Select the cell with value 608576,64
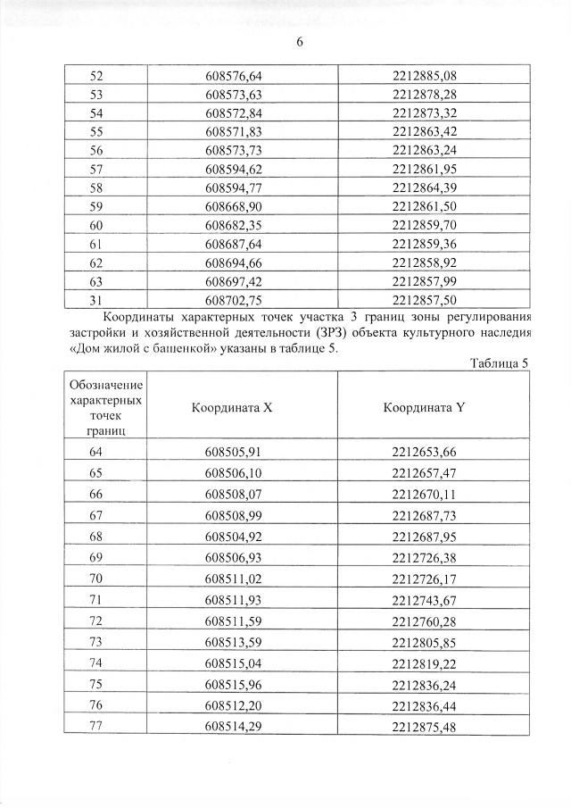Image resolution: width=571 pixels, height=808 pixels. tap(233, 75)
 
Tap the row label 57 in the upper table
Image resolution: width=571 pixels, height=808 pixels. tap(97, 169)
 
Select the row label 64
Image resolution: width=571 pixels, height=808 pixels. tap(96, 453)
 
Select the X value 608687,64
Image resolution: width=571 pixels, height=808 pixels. tap(233, 244)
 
